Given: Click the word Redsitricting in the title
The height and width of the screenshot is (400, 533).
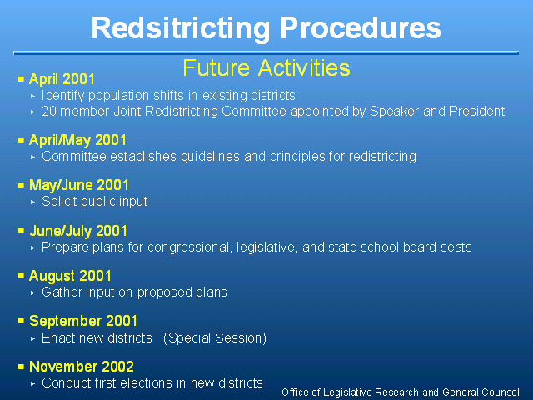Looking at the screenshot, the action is (181, 29).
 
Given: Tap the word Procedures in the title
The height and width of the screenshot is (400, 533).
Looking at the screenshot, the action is (361, 27).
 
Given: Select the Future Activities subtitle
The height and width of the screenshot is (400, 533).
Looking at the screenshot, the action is (266, 67).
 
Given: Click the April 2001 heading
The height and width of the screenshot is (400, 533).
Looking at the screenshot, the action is (62, 79).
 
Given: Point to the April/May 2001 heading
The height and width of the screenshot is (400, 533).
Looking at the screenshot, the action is (77, 140).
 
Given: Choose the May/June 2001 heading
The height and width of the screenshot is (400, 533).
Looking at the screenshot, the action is (79, 185).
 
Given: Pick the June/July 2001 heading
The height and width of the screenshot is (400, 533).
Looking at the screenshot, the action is (78, 231).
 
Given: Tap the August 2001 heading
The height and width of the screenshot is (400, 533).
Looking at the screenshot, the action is (70, 276).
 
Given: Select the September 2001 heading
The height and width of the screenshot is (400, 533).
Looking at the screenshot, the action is (83, 321).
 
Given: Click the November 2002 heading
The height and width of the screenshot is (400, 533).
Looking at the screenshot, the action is (82, 367).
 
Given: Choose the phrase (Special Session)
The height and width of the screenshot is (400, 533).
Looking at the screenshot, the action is (215, 338).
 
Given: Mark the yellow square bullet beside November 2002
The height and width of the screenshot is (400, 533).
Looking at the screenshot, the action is (21, 367).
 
